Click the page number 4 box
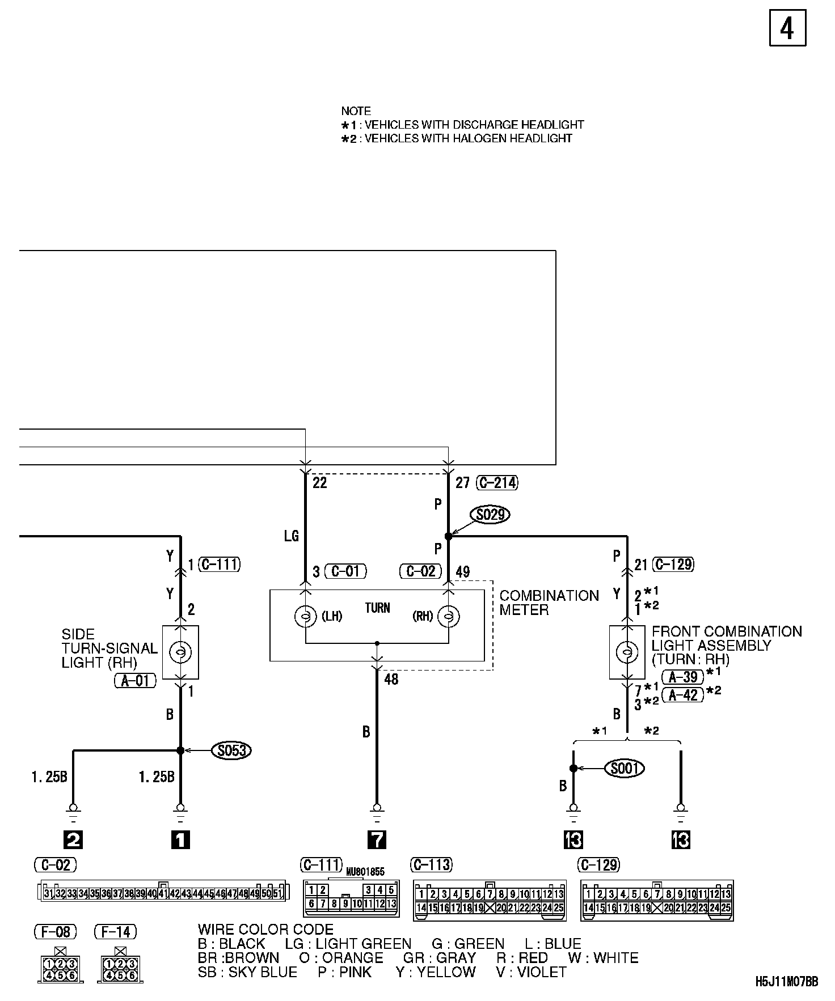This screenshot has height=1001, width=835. tap(787, 28)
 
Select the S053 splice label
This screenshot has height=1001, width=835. tap(231, 750)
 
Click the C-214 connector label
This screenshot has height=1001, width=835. tap(497, 482)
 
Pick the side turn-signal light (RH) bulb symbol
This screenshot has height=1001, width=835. tap(180, 652)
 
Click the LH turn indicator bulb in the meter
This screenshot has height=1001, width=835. tap(306, 616)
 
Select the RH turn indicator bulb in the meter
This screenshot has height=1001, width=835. tap(449, 616)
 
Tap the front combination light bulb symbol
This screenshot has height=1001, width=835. tap(627, 652)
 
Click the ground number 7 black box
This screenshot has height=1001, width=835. tap(377, 839)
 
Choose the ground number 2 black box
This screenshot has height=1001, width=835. tap(73, 839)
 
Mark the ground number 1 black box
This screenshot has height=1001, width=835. tap(180, 839)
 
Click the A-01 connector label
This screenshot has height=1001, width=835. tap(135, 681)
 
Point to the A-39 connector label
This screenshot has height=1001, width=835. tap(682, 676)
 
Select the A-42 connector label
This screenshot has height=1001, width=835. tap(682, 694)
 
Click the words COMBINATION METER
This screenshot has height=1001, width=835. tap(549, 603)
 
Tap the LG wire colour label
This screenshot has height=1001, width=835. tap(291, 536)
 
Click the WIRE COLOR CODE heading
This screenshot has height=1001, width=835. tap(265, 930)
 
